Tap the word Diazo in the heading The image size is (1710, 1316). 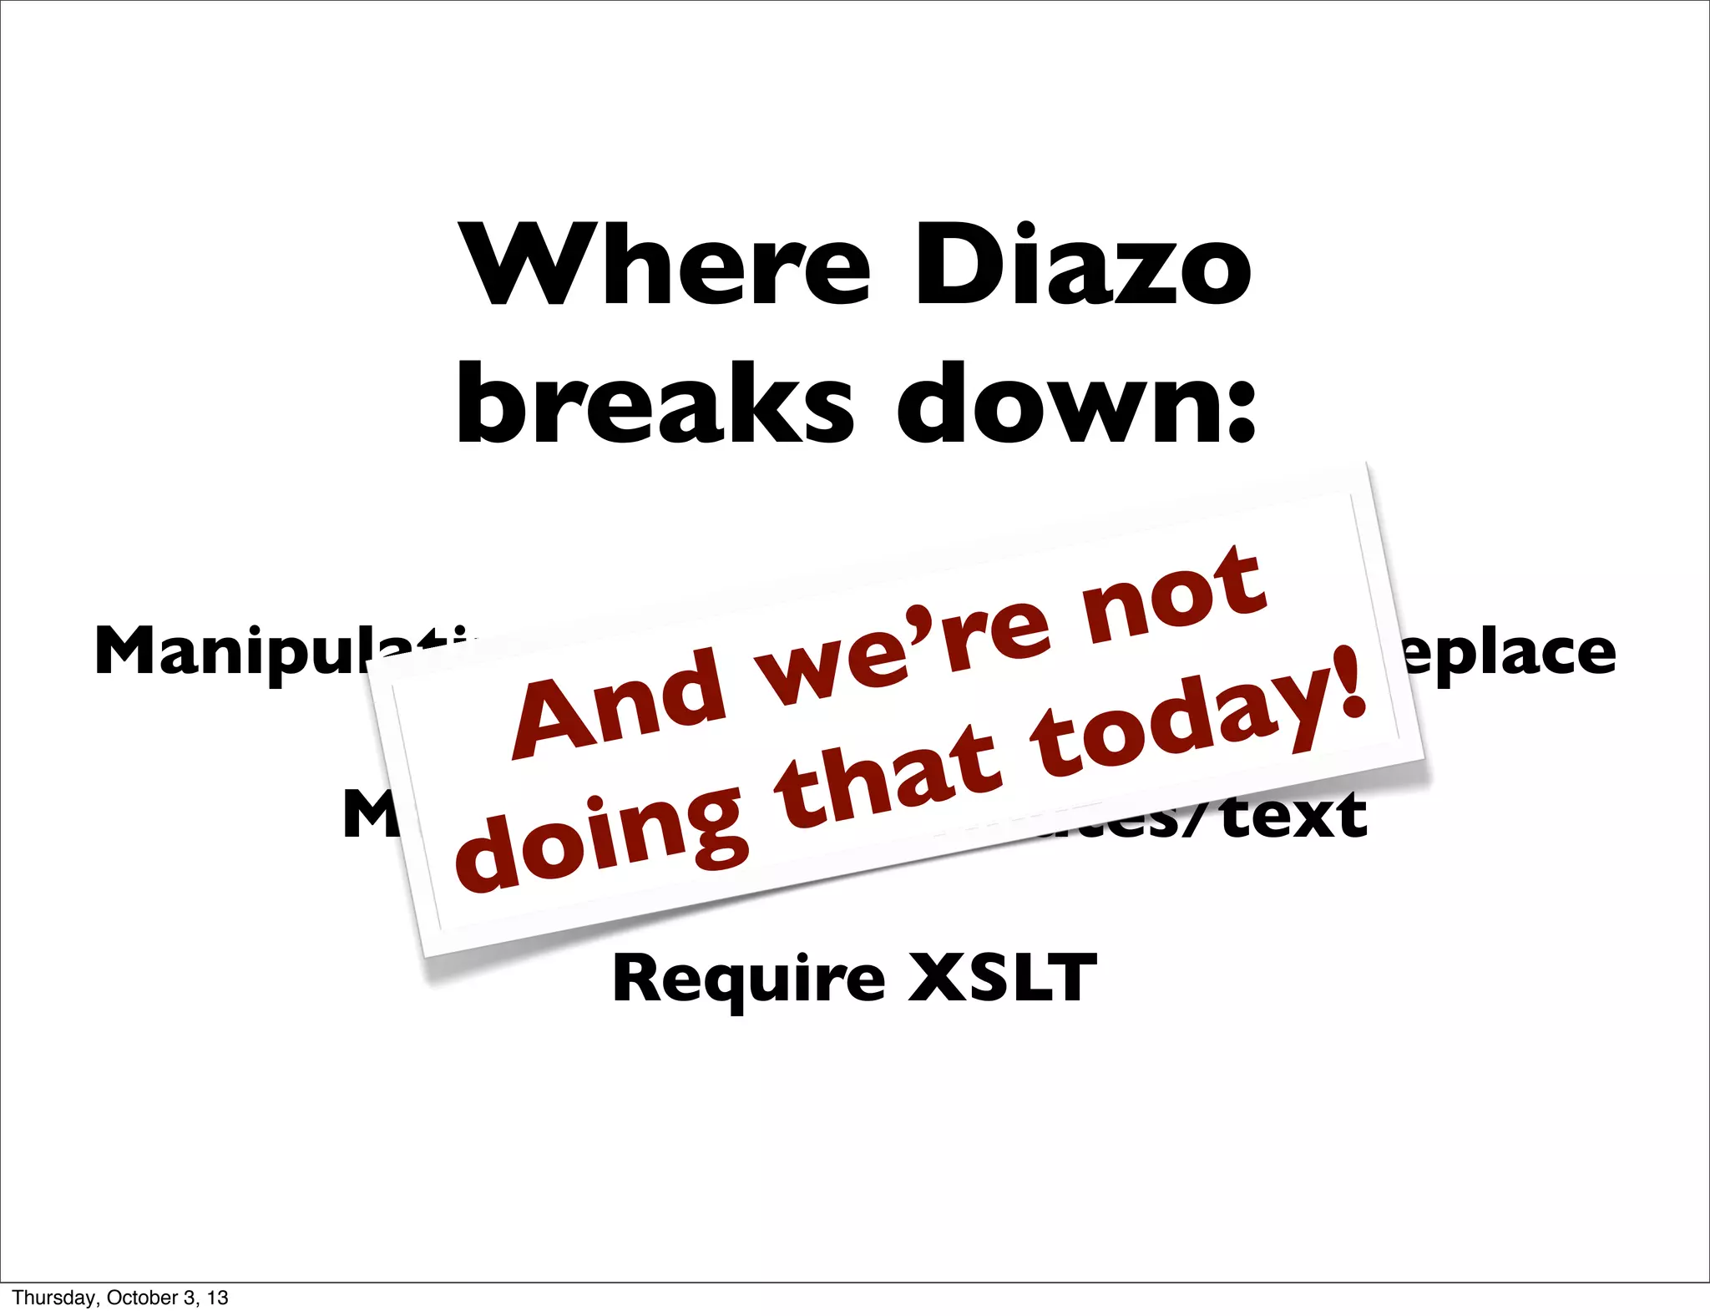point(1082,266)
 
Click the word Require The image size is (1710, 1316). point(748,979)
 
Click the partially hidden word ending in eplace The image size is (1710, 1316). point(1511,653)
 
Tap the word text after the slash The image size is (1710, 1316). point(1294,815)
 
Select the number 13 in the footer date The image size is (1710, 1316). point(218,1298)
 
